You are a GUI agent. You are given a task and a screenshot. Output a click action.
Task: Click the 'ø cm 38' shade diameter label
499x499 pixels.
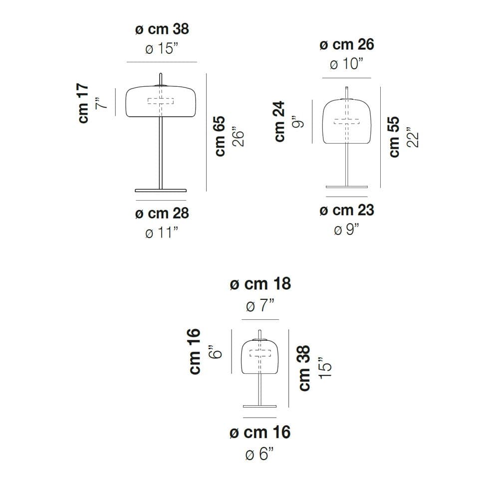(x=162, y=29)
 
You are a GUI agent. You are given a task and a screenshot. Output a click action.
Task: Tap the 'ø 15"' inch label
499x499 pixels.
(x=162, y=49)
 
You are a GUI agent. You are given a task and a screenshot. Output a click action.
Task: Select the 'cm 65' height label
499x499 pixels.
(x=220, y=136)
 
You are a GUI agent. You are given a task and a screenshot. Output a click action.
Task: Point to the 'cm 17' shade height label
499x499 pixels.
(x=83, y=103)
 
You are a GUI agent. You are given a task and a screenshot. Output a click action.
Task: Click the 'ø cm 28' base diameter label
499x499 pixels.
(x=162, y=213)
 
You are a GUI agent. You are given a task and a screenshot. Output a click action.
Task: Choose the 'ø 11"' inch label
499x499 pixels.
(x=162, y=233)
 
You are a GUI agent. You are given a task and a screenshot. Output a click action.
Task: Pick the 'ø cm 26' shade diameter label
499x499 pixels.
(x=347, y=44)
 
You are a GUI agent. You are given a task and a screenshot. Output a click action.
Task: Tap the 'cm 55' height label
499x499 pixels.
(x=394, y=137)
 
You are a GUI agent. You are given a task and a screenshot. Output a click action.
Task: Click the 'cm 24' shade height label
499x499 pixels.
(x=279, y=121)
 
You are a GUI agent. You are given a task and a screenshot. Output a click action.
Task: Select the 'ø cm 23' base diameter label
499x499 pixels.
(x=347, y=211)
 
